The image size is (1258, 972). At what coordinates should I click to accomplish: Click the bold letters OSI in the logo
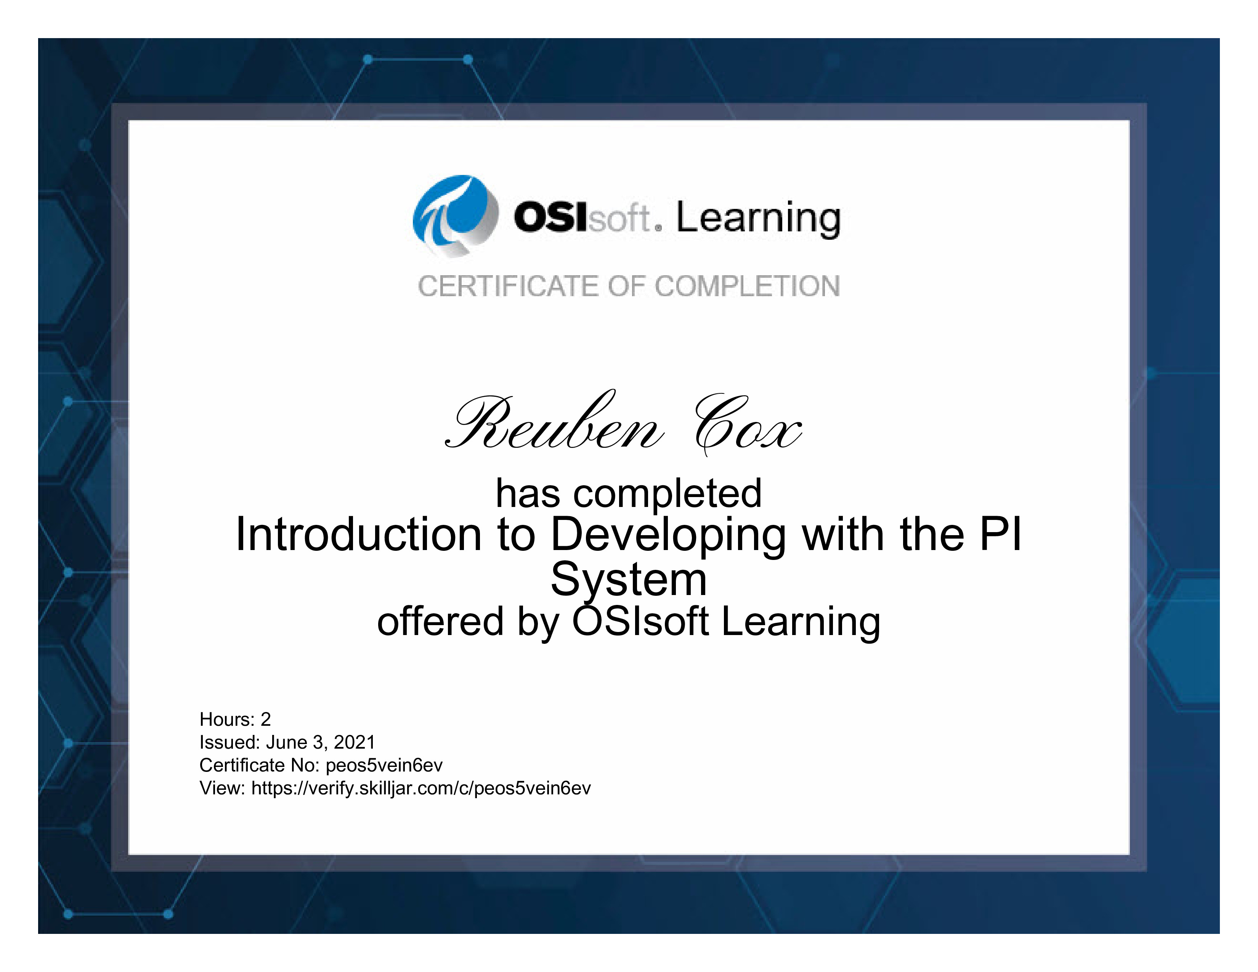550,218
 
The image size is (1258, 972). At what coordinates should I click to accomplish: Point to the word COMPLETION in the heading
747,286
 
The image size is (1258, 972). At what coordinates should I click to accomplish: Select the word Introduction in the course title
358,534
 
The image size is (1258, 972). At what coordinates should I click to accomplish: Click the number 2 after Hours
266,719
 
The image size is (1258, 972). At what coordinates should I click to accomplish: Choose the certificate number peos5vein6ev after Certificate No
384,765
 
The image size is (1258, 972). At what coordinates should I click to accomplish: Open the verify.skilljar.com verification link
421,788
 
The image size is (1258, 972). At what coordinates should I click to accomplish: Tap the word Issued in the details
230,742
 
